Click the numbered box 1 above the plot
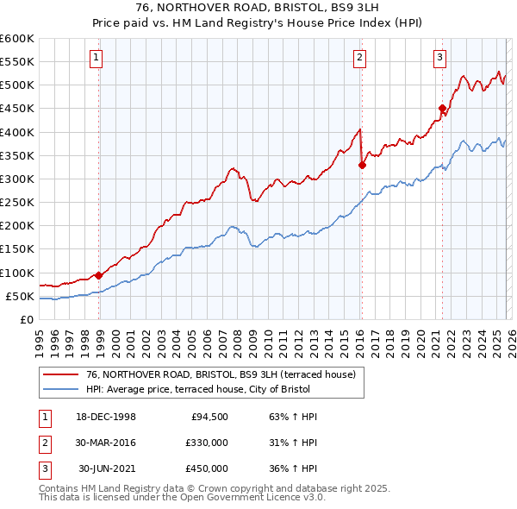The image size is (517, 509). [x=95, y=58]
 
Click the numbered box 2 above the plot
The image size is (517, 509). [x=358, y=58]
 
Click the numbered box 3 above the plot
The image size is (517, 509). [x=439, y=58]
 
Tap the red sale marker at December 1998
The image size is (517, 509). [x=99, y=275]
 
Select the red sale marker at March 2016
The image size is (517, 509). [x=362, y=165]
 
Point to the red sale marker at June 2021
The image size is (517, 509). [x=442, y=109]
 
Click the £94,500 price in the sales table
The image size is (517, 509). [x=209, y=417]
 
